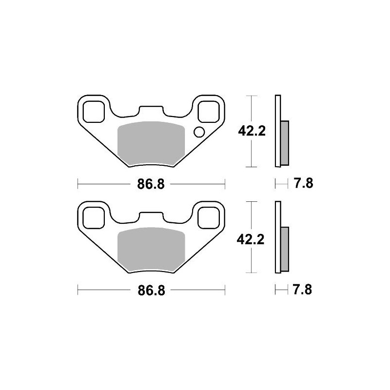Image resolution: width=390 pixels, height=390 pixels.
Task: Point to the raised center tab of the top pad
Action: tap(151, 111)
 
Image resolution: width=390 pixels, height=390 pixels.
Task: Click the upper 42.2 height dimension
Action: tap(251, 131)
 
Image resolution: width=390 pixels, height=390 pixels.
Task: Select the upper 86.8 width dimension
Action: tap(152, 184)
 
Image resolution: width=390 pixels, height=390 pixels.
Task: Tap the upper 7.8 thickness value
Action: tap(303, 184)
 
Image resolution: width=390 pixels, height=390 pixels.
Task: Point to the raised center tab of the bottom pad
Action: tap(151, 217)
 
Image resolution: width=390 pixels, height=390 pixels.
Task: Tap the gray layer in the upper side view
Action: tap(285, 142)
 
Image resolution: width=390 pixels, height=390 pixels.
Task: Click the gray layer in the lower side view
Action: tap(285, 249)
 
